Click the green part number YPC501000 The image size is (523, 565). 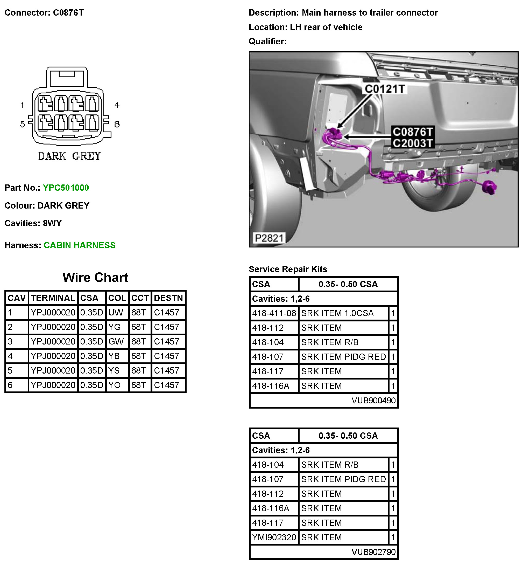[x=66, y=188]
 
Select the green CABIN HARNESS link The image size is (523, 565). [x=80, y=245]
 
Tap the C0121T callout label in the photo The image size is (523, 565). [x=385, y=89]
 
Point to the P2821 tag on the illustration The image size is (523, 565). [x=268, y=238]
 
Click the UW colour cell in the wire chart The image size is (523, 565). [x=116, y=312]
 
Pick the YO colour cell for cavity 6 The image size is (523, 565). [x=114, y=385]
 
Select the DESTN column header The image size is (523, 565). [x=168, y=298]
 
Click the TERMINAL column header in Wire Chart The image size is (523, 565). [x=53, y=298]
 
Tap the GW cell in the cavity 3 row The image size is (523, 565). [x=116, y=341]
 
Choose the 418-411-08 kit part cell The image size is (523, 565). [x=274, y=313]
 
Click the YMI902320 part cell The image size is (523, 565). [x=274, y=537]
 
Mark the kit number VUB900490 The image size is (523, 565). [x=373, y=401]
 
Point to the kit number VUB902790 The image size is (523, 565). [x=373, y=552]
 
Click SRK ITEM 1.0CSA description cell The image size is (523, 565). [x=337, y=313]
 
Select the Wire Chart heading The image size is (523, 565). [x=95, y=278]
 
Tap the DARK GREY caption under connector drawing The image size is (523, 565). [x=70, y=156]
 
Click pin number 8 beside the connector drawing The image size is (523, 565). [x=117, y=124]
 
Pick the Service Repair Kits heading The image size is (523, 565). [x=288, y=269]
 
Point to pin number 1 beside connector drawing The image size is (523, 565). [x=22, y=105]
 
